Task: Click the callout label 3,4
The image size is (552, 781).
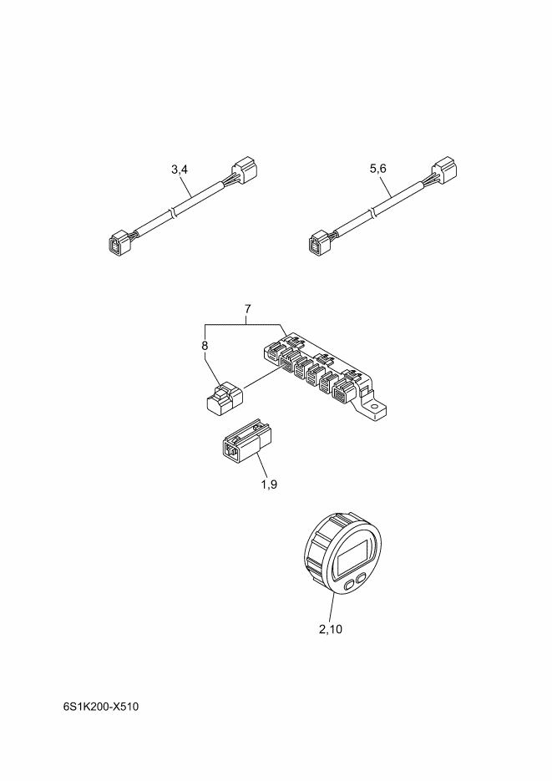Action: click(x=180, y=170)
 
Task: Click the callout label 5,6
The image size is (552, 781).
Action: click(x=377, y=169)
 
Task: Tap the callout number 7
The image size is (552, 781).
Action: click(x=247, y=309)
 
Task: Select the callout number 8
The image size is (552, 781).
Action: click(x=205, y=345)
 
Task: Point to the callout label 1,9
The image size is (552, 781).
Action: click(x=269, y=484)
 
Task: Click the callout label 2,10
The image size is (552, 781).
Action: click(x=331, y=629)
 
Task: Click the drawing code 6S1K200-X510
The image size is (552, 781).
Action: click(x=101, y=707)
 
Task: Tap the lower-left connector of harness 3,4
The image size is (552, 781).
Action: click(x=119, y=244)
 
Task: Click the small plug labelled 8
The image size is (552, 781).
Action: click(x=225, y=397)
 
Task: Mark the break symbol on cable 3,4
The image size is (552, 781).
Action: click(x=173, y=213)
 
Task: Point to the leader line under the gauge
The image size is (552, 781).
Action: click(x=331, y=607)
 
